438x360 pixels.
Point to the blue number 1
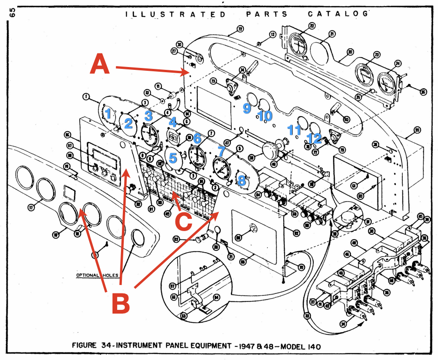108,113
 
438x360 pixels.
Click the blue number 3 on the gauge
149,115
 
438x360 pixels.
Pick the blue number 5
173,158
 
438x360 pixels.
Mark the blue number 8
242,180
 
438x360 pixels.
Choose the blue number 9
247,108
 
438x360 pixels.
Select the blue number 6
197,138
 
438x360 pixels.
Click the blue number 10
264,115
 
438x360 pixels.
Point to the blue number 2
128,123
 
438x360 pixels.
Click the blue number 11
294,129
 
